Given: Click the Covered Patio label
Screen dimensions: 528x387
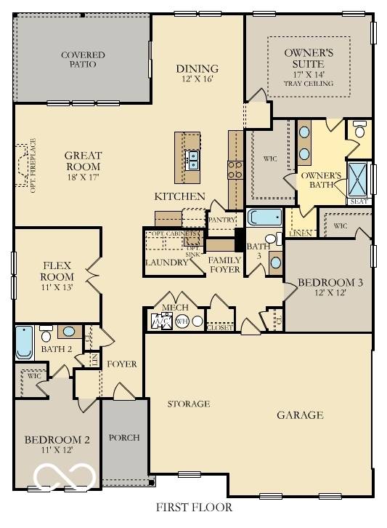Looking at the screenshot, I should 83,60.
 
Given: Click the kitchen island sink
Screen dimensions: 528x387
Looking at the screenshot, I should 193,159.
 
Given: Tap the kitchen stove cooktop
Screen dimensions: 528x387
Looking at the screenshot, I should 236,169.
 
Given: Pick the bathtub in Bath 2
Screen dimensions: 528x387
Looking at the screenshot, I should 24,344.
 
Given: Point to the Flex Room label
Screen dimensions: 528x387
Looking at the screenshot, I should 57,271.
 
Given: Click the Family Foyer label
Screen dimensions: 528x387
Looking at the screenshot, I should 224,265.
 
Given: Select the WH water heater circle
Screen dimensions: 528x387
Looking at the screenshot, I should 182,321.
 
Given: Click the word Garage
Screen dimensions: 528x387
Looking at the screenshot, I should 300,415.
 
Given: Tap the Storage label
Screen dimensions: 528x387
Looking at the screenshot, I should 189,404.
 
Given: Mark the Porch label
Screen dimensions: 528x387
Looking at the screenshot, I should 123,438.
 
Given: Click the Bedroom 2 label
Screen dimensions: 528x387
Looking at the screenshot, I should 57,444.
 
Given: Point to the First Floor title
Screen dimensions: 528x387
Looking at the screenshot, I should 194,507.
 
